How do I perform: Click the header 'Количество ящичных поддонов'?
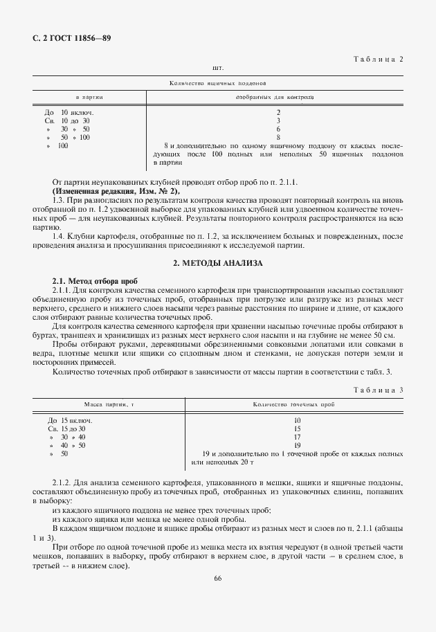(213, 83)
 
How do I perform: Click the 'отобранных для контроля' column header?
(275, 98)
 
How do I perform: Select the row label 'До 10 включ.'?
(69, 112)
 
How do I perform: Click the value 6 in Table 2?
(278, 129)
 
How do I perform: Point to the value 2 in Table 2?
(278, 112)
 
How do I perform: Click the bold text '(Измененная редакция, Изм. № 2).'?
(116, 191)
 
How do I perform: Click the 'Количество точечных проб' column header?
(294, 404)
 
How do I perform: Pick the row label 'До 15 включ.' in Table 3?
(70, 420)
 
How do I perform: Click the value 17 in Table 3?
(297, 437)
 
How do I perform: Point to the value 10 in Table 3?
(297, 420)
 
